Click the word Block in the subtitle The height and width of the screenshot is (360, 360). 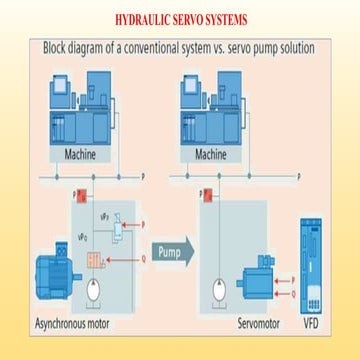pyautogui.click(x=61, y=48)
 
